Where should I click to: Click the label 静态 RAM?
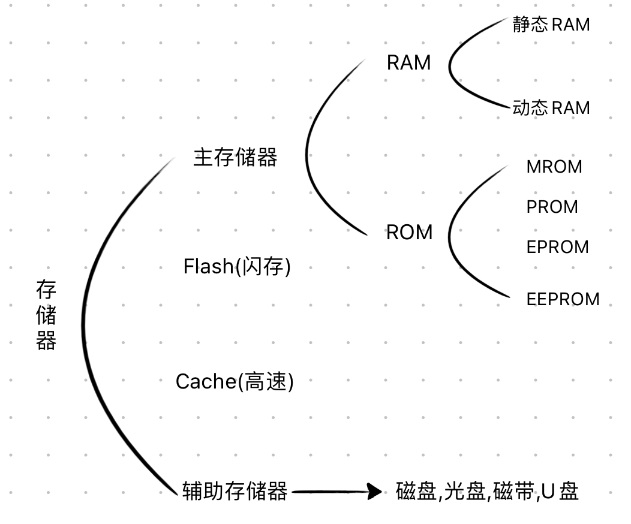pyautogui.click(x=551, y=25)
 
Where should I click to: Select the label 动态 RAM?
pyautogui.click(x=551, y=108)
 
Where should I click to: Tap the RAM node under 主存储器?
pyautogui.click(x=408, y=63)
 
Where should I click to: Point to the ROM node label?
pyautogui.click(x=409, y=233)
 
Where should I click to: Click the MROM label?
pyautogui.click(x=554, y=167)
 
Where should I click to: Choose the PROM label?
pyautogui.click(x=552, y=207)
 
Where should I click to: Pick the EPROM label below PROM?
pyautogui.click(x=557, y=247)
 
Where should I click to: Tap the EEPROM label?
pyautogui.click(x=563, y=299)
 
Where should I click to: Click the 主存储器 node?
pyautogui.click(x=235, y=158)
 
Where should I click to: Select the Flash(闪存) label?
pyautogui.click(x=237, y=266)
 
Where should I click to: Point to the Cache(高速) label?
pyautogui.click(x=235, y=381)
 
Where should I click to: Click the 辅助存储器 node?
pyautogui.click(x=235, y=492)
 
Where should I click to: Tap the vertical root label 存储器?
pyautogui.click(x=46, y=316)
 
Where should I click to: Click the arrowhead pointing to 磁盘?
pyautogui.click(x=375, y=492)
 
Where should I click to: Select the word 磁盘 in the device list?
pyautogui.click(x=416, y=492)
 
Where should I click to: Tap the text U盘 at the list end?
pyautogui.click(x=560, y=492)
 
